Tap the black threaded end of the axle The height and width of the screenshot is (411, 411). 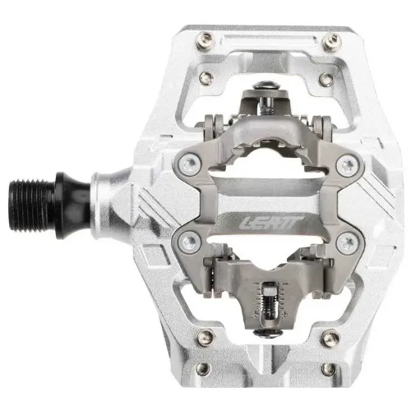31,205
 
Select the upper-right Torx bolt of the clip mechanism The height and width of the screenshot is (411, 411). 347,165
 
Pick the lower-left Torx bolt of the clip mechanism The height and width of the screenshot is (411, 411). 190,241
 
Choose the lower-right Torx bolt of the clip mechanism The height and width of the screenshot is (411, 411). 347,242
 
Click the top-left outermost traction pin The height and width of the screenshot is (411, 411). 205,40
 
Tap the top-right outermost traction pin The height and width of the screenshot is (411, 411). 331,41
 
